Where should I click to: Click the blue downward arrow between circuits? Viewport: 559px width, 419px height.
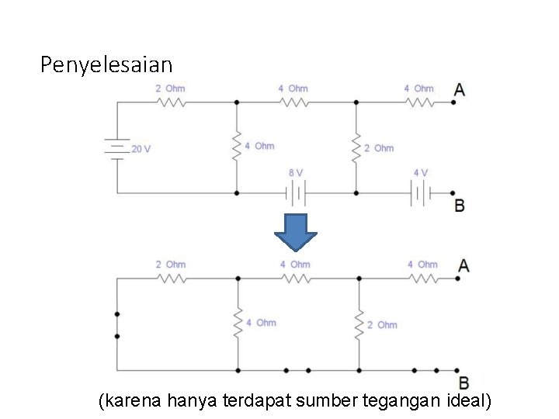tap(297, 232)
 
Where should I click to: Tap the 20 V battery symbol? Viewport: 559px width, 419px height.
tap(117, 149)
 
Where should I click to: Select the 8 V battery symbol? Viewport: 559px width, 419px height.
tap(296, 192)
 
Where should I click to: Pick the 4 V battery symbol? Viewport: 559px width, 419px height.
tap(420, 192)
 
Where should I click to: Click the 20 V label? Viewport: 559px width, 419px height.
tap(141, 149)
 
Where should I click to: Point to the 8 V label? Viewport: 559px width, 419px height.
tap(296, 173)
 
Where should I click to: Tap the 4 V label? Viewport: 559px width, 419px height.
tap(420, 173)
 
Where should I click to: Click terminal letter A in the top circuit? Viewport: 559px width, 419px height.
tap(460, 90)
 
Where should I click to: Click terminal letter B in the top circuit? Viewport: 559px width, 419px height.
tap(460, 206)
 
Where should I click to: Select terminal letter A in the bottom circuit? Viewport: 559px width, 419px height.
tap(464, 265)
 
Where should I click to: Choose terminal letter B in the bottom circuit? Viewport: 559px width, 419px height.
tap(464, 383)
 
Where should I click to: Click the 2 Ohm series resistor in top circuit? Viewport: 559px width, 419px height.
tap(170, 102)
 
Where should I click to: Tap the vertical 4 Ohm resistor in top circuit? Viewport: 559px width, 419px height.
tap(237, 145)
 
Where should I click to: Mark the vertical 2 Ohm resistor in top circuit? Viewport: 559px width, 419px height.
tap(356, 147)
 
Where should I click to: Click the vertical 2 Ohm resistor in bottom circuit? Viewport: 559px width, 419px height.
tap(359, 324)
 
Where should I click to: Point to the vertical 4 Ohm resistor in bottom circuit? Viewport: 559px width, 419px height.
tap(238, 322)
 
